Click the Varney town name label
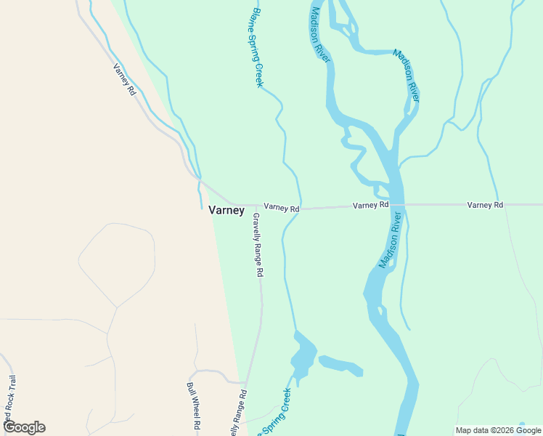pyautogui.click(x=226, y=211)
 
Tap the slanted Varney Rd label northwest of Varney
pyautogui.click(x=124, y=80)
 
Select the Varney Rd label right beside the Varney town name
pyautogui.click(x=282, y=208)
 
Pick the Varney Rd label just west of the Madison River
pyautogui.click(x=371, y=206)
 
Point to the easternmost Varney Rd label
pyautogui.click(x=485, y=206)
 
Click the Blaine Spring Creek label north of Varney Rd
pyautogui.click(x=257, y=48)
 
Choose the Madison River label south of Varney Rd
pyautogui.click(x=390, y=241)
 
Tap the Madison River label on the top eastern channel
pyautogui.click(x=407, y=75)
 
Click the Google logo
pyautogui.click(x=24, y=427)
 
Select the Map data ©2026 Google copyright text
pyautogui.click(x=499, y=430)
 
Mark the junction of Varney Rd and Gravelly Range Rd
pyautogui.click(x=256, y=206)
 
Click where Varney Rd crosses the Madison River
pyautogui.click(x=397, y=205)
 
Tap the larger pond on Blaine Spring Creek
pyautogui.click(x=303, y=355)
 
